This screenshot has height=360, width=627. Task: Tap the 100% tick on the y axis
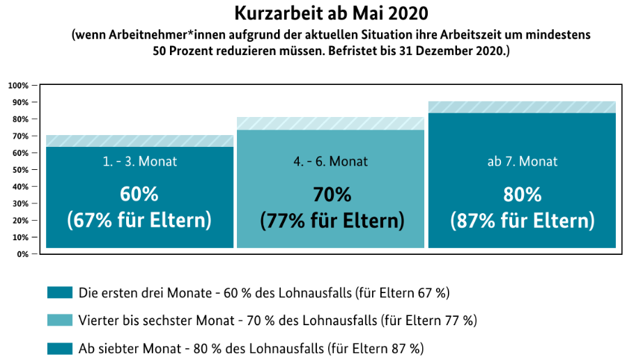click(18, 86)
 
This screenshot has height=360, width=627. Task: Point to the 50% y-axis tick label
click(20, 170)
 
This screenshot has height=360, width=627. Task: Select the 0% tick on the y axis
click(23, 254)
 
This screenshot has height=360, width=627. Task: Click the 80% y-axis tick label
click(20, 119)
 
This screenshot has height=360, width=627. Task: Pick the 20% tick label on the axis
click(20, 221)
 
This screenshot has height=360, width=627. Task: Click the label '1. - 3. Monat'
click(139, 162)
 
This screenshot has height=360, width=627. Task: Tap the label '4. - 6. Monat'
click(330, 162)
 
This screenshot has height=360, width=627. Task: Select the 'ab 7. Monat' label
click(522, 162)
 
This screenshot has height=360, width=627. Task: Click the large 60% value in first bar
click(139, 194)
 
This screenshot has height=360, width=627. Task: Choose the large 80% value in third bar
click(522, 194)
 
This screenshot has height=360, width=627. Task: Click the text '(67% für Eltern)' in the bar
click(139, 221)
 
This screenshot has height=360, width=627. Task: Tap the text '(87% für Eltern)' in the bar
click(522, 221)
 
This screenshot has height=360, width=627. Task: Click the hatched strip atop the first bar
click(139, 141)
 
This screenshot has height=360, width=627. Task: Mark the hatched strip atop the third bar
click(522, 107)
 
